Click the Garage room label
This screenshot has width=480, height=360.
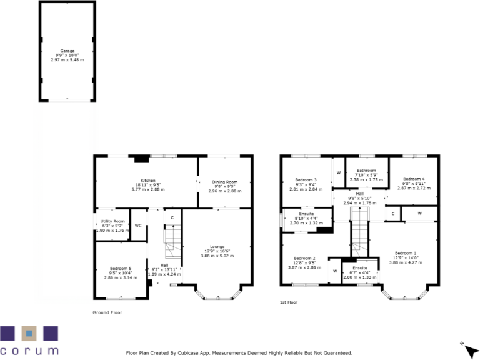(67, 50)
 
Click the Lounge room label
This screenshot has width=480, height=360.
(217, 246)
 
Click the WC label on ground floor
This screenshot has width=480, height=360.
(138, 226)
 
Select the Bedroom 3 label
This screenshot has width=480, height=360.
(305, 179)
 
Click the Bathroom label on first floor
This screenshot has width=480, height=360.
(366, 170)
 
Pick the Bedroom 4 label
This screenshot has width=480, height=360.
(414, 179)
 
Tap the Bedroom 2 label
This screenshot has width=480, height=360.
(304, 258)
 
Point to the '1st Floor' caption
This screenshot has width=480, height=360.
(288, 302)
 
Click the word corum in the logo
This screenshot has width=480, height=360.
(29, 350)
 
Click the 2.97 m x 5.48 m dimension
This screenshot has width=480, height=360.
(67, 59)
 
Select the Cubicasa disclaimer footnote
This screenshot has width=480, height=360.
(239, 352)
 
